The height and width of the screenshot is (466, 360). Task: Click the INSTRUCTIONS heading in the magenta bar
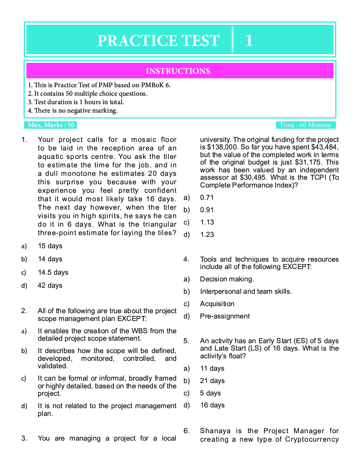pos(178,71)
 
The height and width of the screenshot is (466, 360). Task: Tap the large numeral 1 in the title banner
pos(249,41)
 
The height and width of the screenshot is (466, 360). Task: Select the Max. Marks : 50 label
pos(51,125)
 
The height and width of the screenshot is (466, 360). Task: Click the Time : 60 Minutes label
pos(305,125)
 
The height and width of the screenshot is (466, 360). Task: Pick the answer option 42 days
pos(50,285)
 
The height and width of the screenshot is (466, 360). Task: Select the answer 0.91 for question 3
pos(207,210)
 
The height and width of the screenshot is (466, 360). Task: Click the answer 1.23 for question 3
pos(207,234)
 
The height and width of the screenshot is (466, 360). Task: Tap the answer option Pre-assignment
pos(225,316)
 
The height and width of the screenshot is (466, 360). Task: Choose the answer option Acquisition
pos(217,304)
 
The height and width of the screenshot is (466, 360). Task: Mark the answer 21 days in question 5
pos(212,381)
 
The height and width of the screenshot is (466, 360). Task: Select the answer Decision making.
pos(227,279)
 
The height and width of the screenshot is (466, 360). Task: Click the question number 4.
pos(186,259)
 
